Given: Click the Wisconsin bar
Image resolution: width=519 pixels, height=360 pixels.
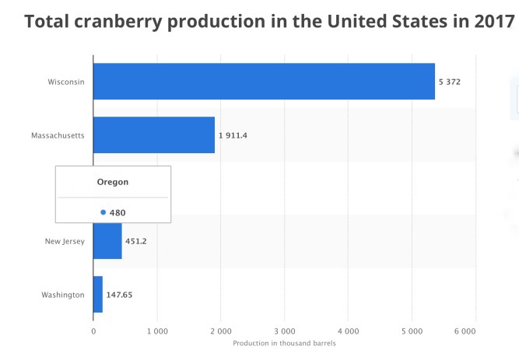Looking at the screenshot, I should (x=264, y=81).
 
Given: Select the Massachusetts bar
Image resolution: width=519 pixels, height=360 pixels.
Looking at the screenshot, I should (x=153, y=135).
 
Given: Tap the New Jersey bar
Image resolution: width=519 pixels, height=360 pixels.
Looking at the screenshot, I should (x=107, y=241).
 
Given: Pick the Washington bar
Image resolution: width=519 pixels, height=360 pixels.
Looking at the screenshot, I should (x=98, y=295).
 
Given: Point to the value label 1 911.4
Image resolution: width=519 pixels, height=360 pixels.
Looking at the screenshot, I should (x=233, y=135).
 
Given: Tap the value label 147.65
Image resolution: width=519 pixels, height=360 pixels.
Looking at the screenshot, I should (x=121, y=295).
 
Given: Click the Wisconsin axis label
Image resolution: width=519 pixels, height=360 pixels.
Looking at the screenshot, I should (x=66, y=82).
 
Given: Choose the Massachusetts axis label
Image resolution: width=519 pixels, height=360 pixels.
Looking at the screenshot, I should (x=58, y=135).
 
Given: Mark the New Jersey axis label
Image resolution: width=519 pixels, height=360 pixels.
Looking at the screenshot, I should (x=65, y=242).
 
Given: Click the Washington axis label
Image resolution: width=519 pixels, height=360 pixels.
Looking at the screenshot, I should (x=63, y=295).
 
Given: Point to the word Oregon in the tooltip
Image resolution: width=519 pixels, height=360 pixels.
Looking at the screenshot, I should (x=113, y=182).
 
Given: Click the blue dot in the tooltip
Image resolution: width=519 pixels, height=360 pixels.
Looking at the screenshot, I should (x=103, y=212).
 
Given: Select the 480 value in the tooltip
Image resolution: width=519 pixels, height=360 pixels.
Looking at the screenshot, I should (x=117, y=212).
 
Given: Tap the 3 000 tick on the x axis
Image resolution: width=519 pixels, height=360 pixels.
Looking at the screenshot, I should (x=284, y=330).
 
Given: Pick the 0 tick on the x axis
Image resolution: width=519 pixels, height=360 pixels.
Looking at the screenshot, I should (x=93, y=330).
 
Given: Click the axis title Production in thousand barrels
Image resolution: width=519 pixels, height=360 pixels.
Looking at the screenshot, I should (x=284, y=343).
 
